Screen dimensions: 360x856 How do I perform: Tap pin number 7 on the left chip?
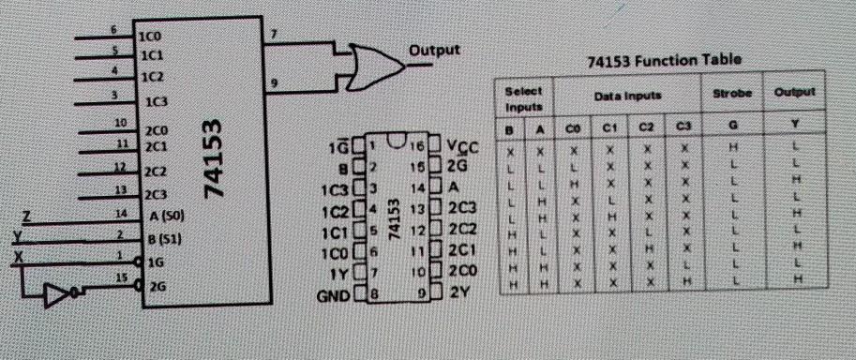point(272,35)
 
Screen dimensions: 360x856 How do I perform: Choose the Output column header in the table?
point(793,94)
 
